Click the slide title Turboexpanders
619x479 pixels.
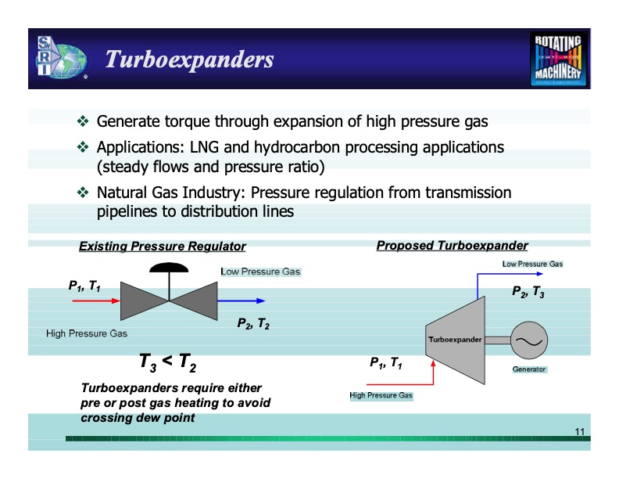pos(189,59)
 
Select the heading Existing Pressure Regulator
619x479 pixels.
pos(163,247)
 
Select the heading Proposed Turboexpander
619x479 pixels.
pos(452,246)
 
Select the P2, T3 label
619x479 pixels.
pos(528,291)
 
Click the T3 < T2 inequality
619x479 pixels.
pos(167,362)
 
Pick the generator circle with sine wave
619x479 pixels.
pos(529,340)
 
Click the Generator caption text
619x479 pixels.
pos(529,369)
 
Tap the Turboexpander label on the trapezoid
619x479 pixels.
pos(455,340)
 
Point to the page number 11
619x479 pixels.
pos(579,432)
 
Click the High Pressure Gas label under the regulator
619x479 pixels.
pos(87,333)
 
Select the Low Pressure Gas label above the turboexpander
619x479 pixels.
pos(532,265)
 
